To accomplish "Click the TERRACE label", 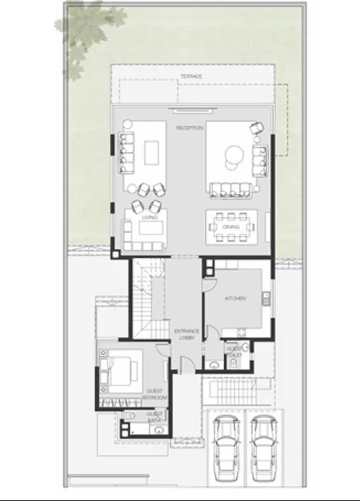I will [191, 76].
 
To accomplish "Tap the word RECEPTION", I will [190, 128].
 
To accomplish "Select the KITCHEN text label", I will [235, 299].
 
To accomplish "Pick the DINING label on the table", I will [231, 227].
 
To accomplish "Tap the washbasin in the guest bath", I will [159, 431].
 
